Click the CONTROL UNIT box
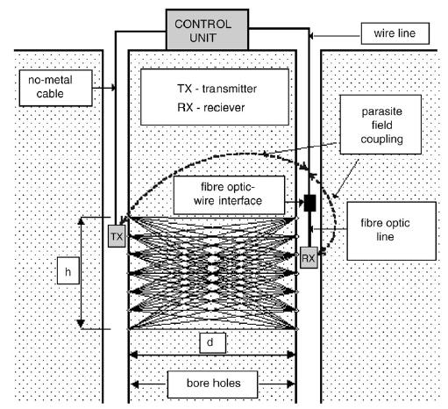click(207, 30)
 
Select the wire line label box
click(395, 33)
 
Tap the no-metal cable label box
click(56, 88)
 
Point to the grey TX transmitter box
click(117, 236)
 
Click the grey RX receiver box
click(309, 258)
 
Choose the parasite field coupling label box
click(380, 125)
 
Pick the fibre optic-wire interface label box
click(229, 195)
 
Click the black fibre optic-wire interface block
click(309, 203)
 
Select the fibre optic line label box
click(391, 231)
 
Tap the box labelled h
click(68, 270)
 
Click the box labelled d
click(213, 342)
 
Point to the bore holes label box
click(212, 384)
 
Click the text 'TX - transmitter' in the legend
click(217, 89)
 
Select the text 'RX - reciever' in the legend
click(210, 108)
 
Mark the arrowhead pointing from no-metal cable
click(113, 88)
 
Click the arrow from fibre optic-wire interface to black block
click(295, 202)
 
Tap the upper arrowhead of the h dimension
click(81, 221)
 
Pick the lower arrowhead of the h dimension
click(81, 324)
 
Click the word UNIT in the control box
click(203, 38)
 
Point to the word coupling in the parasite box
click(381, 140)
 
